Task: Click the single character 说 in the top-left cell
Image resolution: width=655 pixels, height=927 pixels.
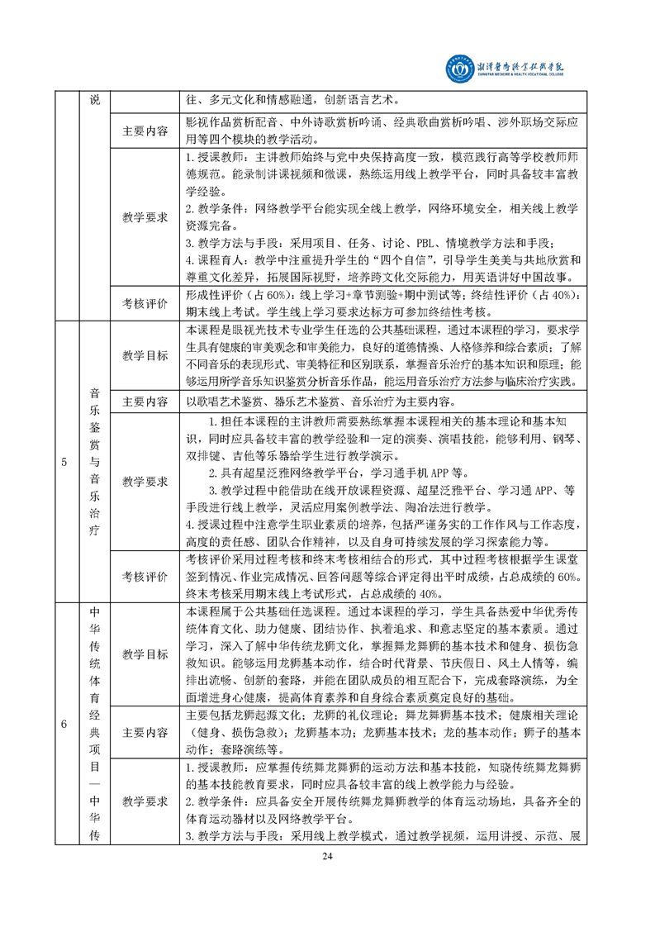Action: (x=94, y=100)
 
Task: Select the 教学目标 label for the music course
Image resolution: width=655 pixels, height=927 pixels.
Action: (x=145, y=355)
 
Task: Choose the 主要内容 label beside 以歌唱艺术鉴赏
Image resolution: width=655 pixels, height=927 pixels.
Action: (x=145, y=402)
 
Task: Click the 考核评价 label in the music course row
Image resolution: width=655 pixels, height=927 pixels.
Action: (x=145, y=576)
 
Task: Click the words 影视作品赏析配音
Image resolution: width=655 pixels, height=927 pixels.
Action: (x=221, y=121)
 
